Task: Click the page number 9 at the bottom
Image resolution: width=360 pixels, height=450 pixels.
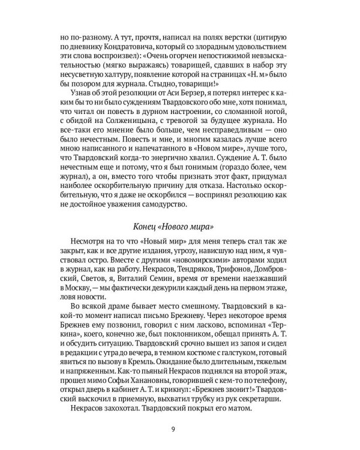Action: (179, 428)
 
